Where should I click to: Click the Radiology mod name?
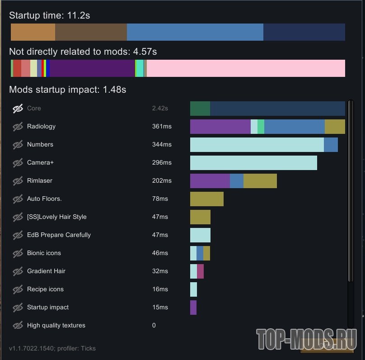41,127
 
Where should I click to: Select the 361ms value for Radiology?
162,127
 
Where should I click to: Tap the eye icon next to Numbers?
18,145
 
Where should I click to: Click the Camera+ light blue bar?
253,163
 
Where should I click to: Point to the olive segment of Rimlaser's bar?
260,181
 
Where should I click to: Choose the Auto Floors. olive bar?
206,199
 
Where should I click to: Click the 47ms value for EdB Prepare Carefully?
160,235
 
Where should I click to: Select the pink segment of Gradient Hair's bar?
200,271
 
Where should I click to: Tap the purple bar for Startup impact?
193,308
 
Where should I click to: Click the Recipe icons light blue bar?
193,289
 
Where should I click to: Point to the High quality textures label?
56,326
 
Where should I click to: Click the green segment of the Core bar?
200,109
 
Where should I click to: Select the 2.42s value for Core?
160,109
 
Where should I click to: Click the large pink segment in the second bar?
246,68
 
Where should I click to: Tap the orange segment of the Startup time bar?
33,33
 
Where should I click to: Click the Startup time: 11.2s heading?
50,15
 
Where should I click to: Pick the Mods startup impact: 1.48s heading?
68,90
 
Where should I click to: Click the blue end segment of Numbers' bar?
331,145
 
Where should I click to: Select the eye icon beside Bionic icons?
18,253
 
